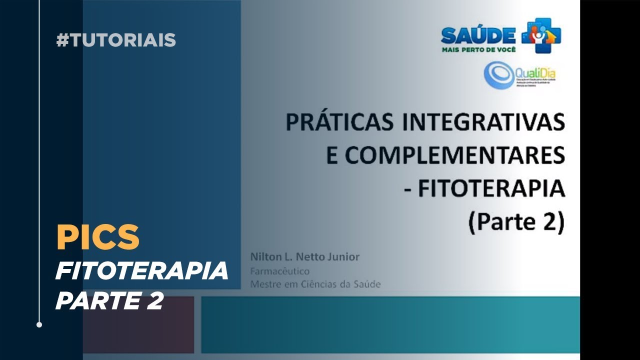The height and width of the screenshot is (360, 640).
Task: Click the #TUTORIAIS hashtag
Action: tap(116, 40)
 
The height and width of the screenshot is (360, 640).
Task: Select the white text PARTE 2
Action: tap(109, 301)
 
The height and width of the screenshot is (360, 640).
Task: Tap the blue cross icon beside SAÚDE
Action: tap(541, 35)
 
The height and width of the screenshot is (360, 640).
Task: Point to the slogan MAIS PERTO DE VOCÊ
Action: tap(478, 49)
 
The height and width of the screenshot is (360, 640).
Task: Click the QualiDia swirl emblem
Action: tap(498, 75)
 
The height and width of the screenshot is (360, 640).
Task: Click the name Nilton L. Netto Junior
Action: tap(304, 257)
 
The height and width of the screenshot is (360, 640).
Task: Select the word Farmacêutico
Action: tap(279, 271)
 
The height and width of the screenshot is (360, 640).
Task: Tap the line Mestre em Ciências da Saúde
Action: tap(315, 284)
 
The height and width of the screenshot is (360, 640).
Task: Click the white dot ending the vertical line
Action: tap(39, 324)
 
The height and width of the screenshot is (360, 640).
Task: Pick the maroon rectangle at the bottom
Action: tap(138, 324)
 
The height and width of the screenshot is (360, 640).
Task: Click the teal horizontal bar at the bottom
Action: tap(390, 324)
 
